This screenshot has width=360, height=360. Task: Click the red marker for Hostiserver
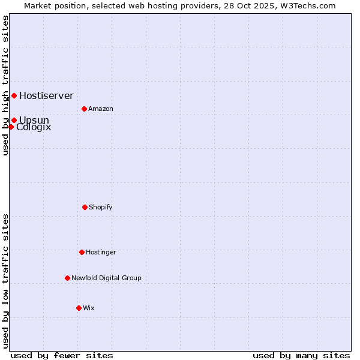[14, 95]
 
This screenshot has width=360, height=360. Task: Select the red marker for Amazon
[84, 109]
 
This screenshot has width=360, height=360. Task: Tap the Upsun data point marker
[14, 120]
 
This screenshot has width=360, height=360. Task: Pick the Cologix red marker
[11, 127]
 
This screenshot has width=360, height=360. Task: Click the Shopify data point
[85, 207]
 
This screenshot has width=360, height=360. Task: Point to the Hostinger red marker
[82, 252]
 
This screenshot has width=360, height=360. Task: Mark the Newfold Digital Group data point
[67, 278]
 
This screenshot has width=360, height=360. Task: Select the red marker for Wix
[79, 308]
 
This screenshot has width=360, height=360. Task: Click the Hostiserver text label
[46, 95]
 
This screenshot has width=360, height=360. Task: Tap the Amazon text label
[100, 109]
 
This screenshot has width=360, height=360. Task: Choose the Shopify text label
[100, 207]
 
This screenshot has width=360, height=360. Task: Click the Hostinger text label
[101, 252]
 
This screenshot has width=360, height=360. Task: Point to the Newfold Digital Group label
[106, 278]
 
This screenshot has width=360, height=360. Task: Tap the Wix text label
[88, 308]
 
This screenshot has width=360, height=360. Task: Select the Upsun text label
[34, 120]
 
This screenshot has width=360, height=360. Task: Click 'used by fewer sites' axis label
[62, 355]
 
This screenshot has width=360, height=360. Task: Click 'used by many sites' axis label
[301, 355]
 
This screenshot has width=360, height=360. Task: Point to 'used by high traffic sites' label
[5, 85]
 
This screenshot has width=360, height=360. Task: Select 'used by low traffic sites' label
[5, 281]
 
